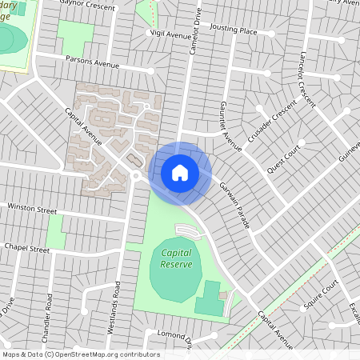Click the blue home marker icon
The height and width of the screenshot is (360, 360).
(180, 172)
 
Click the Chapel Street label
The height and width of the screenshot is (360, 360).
(26, 250)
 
